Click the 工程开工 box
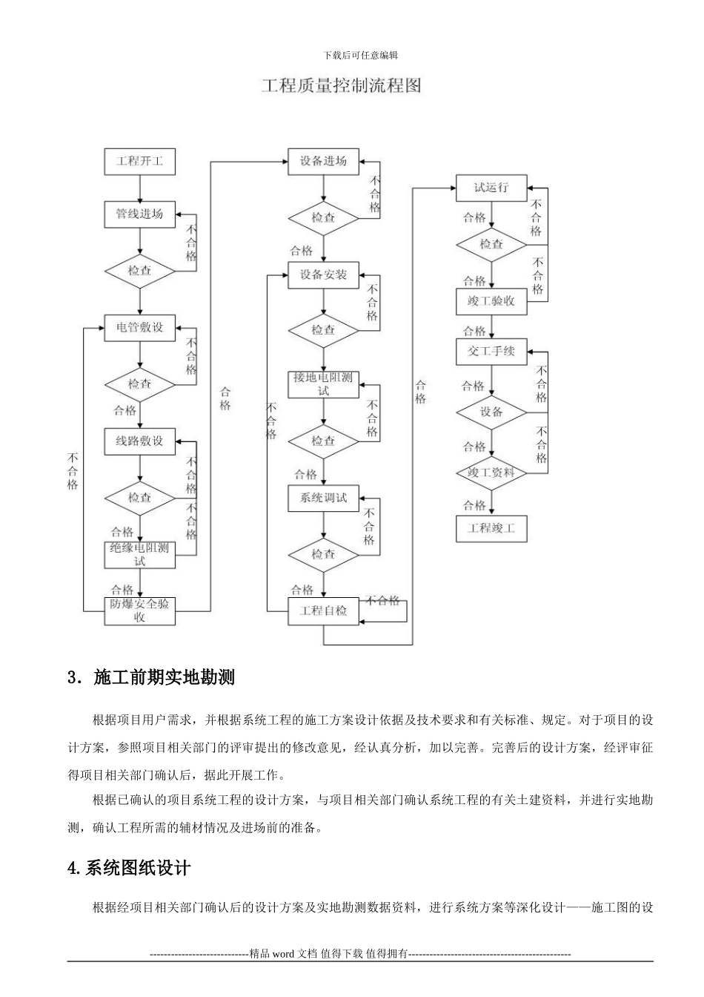point(139,161)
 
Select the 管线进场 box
point(139,214)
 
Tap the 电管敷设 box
point(139,327)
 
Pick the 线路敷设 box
point(139,441)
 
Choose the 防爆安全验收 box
point(139,611)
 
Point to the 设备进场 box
point(323,161)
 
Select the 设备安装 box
point(323,274)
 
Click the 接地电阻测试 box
point(323,384)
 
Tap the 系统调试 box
point(323,498)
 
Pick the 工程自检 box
point(323,611)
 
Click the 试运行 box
point(491,188)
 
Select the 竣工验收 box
point(491,301)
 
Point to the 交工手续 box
point(491,351)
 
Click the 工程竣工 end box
point(491,529)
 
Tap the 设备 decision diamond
point(491,412)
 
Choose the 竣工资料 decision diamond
point(491,473)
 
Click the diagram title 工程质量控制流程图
point(342,86)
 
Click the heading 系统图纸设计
point(129,868)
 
